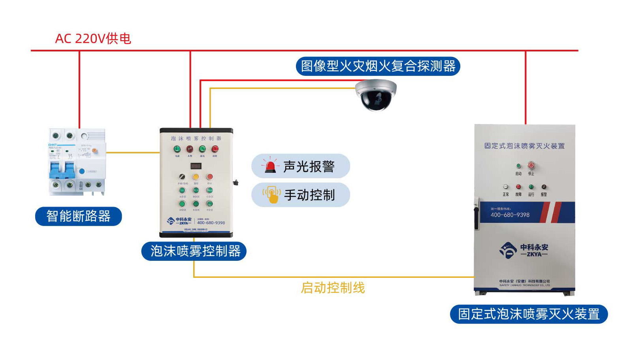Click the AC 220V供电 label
93,39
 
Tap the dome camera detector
375,95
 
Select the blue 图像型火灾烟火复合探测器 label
378,66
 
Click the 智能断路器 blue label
78,216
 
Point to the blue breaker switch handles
62,170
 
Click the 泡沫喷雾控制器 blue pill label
194,251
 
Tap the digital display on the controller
196,166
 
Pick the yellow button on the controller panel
196,177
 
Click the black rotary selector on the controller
182,177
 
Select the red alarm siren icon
270,166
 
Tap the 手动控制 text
309,195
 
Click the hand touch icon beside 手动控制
271,194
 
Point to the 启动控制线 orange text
333,288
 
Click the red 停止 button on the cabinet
531,166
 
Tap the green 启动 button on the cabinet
518,166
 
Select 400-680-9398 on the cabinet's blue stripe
510,215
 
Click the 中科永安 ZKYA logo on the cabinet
524,250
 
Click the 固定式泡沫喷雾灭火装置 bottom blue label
529,314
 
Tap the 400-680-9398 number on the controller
211,223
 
